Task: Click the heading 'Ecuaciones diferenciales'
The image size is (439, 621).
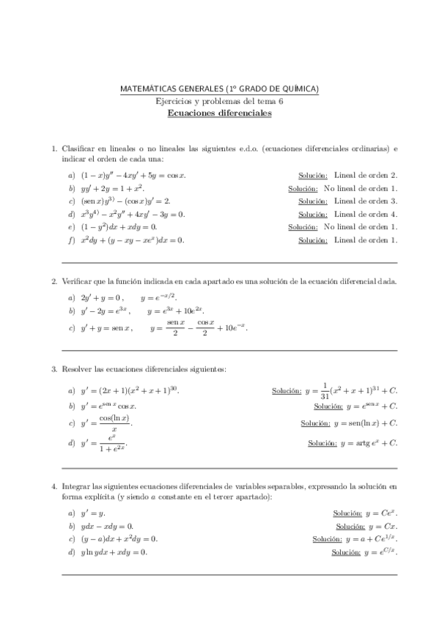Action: pos(219,114)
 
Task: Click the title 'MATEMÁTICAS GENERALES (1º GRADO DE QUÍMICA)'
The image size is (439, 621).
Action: pos(219,89)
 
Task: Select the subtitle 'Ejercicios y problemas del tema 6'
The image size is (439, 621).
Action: pos(219,101)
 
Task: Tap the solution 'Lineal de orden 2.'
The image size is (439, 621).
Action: pos(365,176)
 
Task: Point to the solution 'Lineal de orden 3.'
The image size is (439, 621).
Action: pos(365,201)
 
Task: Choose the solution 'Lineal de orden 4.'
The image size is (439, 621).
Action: pos(365,214)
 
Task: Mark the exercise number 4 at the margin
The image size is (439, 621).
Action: pos(54,486)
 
